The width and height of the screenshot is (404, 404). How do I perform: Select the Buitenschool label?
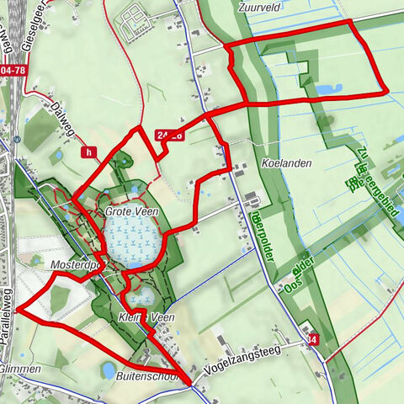[147, 378]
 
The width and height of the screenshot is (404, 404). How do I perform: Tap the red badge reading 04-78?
[12, 71]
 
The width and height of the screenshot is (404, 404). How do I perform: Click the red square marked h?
[88, 152]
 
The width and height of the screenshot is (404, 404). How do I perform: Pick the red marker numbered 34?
[313, 340]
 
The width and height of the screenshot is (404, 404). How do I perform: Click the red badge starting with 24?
[167, 134]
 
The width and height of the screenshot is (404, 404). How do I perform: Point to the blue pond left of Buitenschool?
[108, 369]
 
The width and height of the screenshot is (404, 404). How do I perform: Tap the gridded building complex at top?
[135, 23]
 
